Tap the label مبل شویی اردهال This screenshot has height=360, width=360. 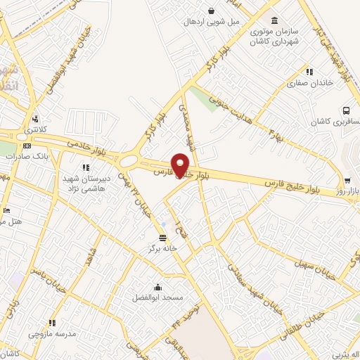tap(212, 22)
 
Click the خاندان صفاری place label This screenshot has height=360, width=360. tap(303, 84)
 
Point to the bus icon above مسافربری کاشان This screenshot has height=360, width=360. tap(346, 110)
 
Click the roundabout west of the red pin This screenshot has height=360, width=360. tap(129, 163)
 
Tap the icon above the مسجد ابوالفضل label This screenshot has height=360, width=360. tap(157, 287)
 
